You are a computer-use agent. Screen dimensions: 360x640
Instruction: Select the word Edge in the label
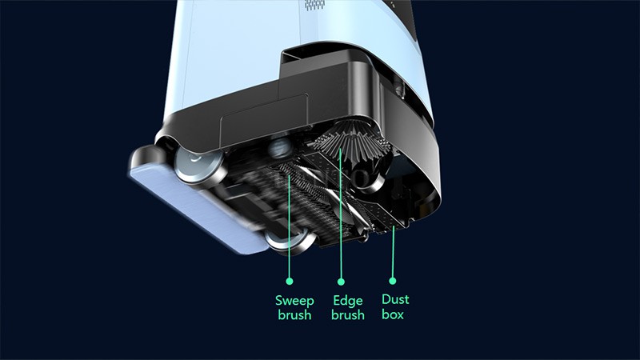(x=347, y=301)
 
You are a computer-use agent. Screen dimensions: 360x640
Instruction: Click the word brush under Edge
(x=347, y=314)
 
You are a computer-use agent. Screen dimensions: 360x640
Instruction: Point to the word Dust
(x=394, y=300)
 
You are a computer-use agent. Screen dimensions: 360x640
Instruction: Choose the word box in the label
(x=393, y=314)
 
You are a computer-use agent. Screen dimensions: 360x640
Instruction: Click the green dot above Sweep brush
(x=290, y=281)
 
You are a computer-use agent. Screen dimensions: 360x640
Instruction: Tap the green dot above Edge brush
(x=342, y=281)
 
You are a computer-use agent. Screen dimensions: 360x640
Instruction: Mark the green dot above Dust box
(x=393, y=281)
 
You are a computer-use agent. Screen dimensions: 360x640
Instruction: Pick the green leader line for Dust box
(x=393, y=256)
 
